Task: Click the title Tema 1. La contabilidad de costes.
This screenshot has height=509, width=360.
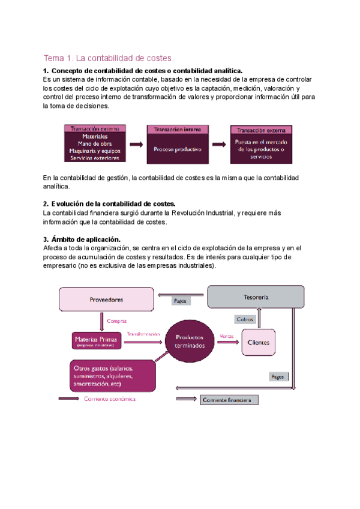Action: [x=108, y=58]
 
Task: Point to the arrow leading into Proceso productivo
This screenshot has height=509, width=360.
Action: [x=136, y=144]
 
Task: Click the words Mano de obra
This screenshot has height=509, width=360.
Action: [x=95, y=144]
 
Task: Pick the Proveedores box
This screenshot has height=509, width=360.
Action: [x=106, y=300]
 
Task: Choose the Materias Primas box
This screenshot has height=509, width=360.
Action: [x=95, y=341]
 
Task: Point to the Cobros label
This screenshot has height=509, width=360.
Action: [x=245, y=319]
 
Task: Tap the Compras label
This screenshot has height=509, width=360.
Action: [x=116, y=321]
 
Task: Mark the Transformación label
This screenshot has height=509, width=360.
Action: [x=143, y=334]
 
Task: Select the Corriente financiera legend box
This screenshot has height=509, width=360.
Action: [x=229, y=400]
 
